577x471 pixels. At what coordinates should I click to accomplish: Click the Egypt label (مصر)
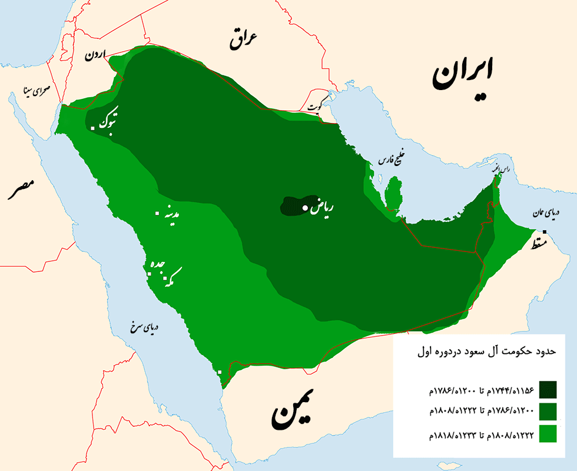tap(21, 190)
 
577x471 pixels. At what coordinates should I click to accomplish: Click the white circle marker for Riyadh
tap(305, 208)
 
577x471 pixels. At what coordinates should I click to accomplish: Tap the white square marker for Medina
tap(157, 214)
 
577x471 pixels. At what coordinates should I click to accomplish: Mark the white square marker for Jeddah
tap(148, 273)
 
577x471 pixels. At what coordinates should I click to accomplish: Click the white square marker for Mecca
tap(165, 277)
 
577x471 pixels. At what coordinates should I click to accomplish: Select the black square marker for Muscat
tap(545, 232)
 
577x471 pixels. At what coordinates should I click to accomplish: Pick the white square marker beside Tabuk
tap(93, 128)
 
